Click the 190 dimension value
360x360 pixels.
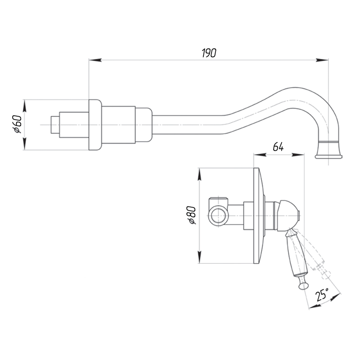coord(209,53)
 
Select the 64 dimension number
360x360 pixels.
coord(278,147)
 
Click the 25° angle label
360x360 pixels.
coord(322,295)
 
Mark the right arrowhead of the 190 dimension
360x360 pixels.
coord(324,59)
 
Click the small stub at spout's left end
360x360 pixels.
coord(55,125)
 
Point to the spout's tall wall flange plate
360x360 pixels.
coord(94,125)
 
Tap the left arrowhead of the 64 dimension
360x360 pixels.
coord(258,155)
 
